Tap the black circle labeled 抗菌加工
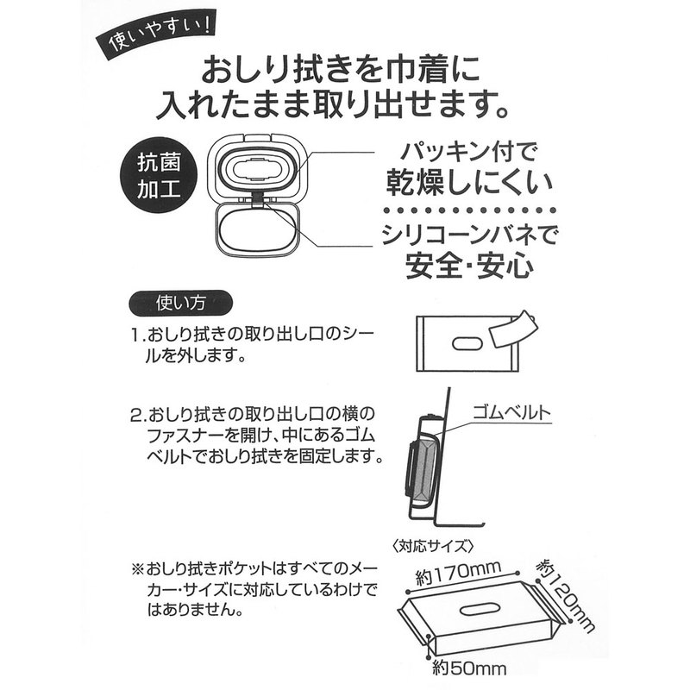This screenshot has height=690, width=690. point(159,175)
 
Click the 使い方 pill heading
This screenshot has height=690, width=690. point(180,303)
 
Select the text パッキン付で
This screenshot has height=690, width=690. point(469,152)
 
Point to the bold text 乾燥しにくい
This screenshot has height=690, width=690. point(469,183)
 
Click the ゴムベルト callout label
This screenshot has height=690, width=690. point(511,413)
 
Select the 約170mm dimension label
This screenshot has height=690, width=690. point(457,573)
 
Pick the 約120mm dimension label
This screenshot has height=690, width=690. point(565,595)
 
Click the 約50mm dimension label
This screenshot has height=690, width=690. point(469,668)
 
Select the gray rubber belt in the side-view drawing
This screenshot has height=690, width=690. point(423,469)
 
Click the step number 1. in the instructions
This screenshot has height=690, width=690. point(138,336)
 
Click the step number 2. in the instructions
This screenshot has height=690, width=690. point(138,415)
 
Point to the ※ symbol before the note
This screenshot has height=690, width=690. point(138,569)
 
